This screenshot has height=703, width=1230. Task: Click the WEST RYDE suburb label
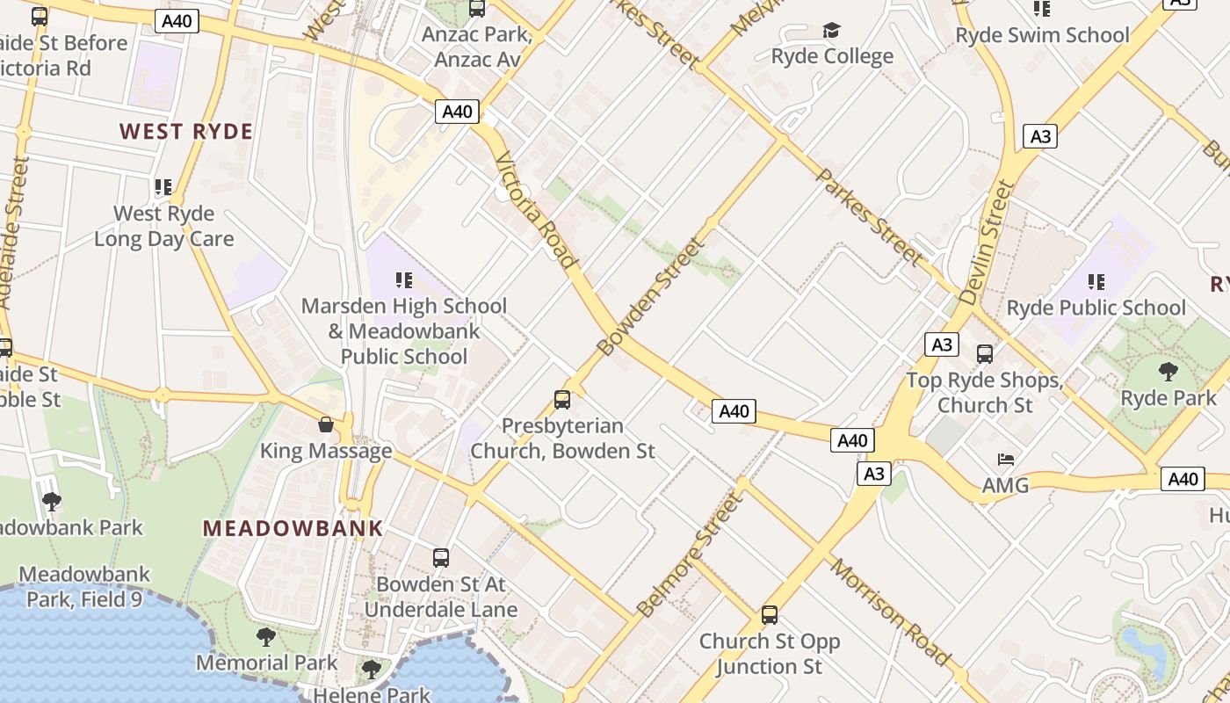pos(186,132)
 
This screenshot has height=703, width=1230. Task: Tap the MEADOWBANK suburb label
pos(293,528)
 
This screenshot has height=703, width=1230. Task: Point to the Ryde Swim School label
pos(1042,35)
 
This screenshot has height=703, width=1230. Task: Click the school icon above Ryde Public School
pos(1096,282)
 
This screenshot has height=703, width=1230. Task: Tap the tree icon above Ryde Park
pos(1168,372)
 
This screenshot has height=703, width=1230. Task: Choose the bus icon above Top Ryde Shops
pos(985,354)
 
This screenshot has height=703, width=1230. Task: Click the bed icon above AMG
pos(1006,460)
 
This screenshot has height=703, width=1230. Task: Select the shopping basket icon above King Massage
pos(326,425)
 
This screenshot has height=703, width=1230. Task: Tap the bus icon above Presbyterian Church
pos(562,400)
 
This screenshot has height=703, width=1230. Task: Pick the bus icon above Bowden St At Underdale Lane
pos(441,557)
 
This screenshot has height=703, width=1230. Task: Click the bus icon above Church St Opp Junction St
pos(770,615)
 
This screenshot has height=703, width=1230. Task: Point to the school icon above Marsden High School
pos(404,280)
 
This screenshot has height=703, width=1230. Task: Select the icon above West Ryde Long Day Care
pos(163,187)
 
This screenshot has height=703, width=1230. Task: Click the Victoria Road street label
pos(536,211)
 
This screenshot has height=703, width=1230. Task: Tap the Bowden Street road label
pos(651,295)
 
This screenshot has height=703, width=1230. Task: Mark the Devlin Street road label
pos(988,243)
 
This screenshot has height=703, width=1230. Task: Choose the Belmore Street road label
pos(690,555)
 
